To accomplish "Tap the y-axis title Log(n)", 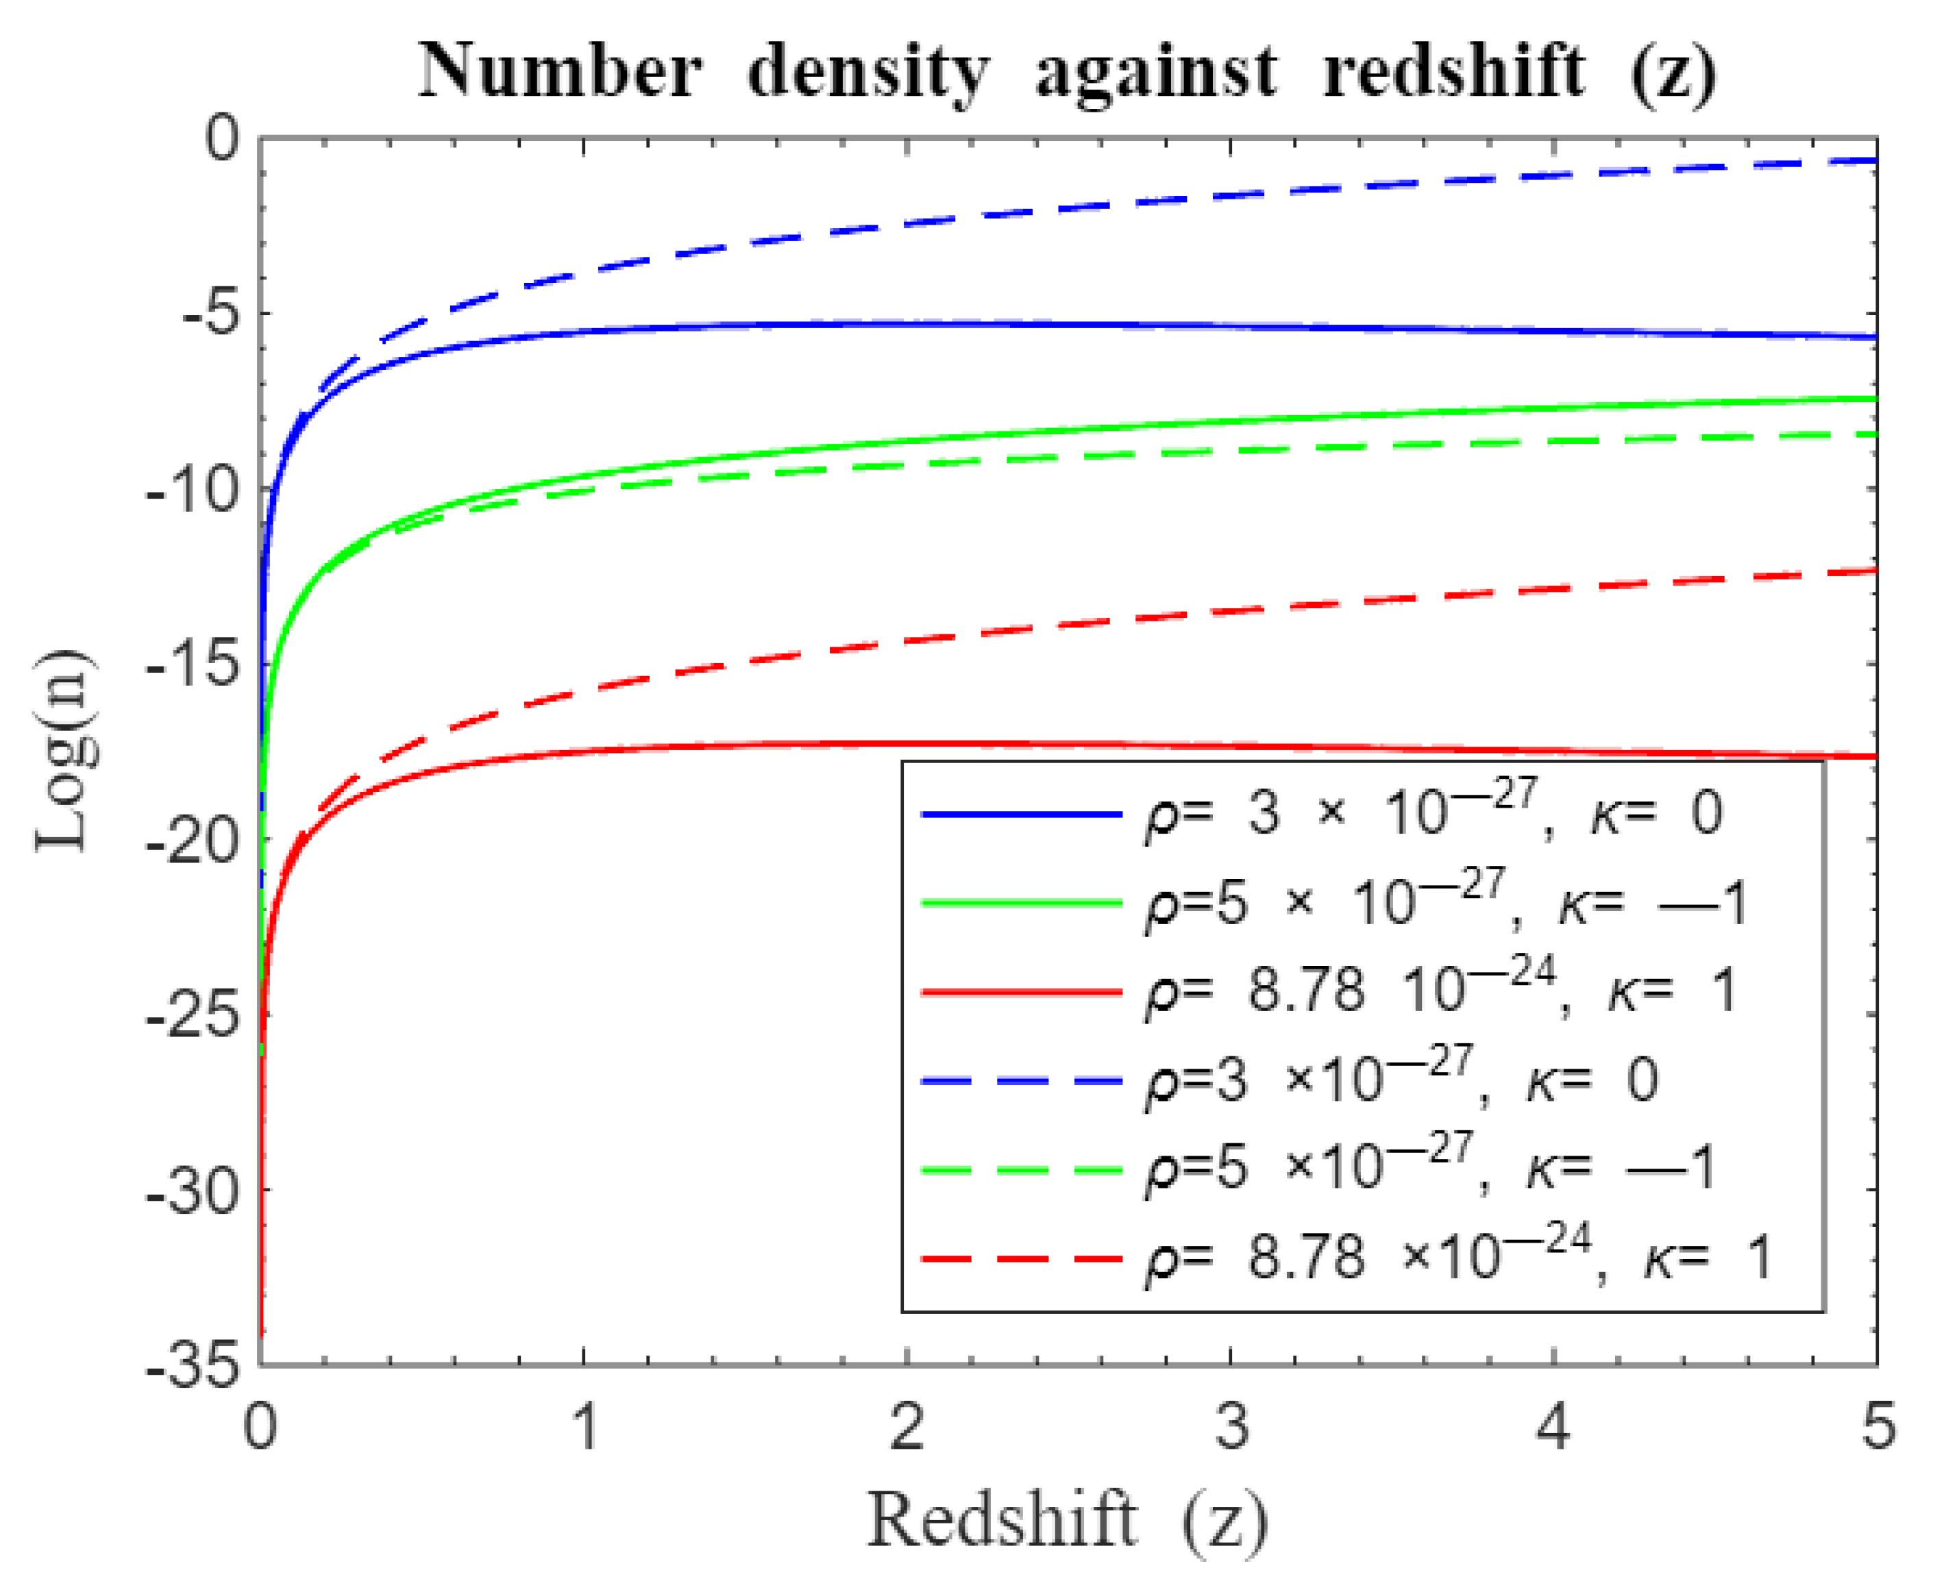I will [x=66, y=751].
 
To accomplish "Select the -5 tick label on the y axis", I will [x=211, y=314].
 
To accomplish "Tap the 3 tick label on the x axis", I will [x=1231, y=1426].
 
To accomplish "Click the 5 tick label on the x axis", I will [x=1877, y=1426].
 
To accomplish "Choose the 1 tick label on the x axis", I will [x=584, y=1426].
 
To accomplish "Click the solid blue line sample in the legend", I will [x=1020, y=813].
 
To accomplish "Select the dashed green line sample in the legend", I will [x=1020, y=1169].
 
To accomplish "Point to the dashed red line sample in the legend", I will [x=1020, y=1258].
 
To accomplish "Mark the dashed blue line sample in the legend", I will [x=1020, y=1080].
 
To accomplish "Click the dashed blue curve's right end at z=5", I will [x=1873, y=161].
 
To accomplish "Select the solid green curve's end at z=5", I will [x=1873, y=399].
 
